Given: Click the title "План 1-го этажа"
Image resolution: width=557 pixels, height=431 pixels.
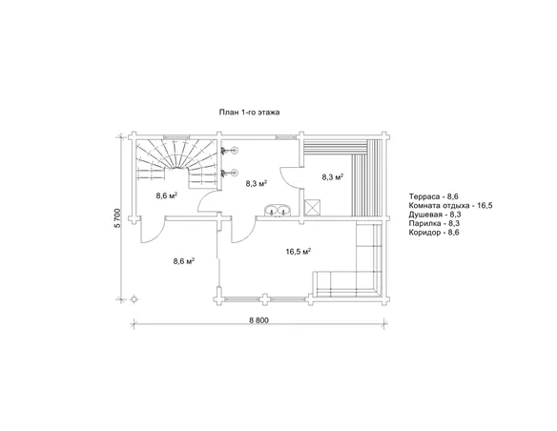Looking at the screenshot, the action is point(249,113).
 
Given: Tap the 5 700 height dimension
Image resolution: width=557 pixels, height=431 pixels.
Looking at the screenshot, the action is point(118,217).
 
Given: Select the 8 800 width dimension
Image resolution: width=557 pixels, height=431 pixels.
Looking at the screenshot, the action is point(259,320).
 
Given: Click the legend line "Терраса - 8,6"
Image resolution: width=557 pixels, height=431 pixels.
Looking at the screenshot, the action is point(433,196).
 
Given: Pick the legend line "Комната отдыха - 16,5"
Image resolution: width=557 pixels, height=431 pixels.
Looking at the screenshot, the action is point(450,206).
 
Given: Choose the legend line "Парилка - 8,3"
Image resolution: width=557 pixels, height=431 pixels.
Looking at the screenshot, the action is point(435,223).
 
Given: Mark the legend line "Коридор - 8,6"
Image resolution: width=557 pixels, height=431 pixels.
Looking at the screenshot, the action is point(434,233).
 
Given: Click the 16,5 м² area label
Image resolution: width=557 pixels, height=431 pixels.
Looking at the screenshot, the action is point(299,252).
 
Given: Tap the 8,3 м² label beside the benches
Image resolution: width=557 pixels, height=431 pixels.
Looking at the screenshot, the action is point(333,177).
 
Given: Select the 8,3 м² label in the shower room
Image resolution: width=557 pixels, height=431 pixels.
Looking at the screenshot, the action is point(257,183).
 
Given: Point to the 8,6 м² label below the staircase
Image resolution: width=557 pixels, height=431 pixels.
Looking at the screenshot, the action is point(167,195).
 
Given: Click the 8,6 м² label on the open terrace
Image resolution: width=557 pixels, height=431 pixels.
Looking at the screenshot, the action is point(184,261).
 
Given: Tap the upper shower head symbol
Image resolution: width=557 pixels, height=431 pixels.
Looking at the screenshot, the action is point(230,151).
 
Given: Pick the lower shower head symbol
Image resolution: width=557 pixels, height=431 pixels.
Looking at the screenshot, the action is point(230,173).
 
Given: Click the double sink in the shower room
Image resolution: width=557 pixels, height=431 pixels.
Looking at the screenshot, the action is point(278,210).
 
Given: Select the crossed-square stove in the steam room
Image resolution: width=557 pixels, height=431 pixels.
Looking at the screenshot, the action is point(312,207).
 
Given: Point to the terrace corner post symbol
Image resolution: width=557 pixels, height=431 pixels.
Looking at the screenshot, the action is point(134,298).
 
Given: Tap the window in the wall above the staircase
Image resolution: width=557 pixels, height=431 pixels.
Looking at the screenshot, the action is point(176,136).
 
